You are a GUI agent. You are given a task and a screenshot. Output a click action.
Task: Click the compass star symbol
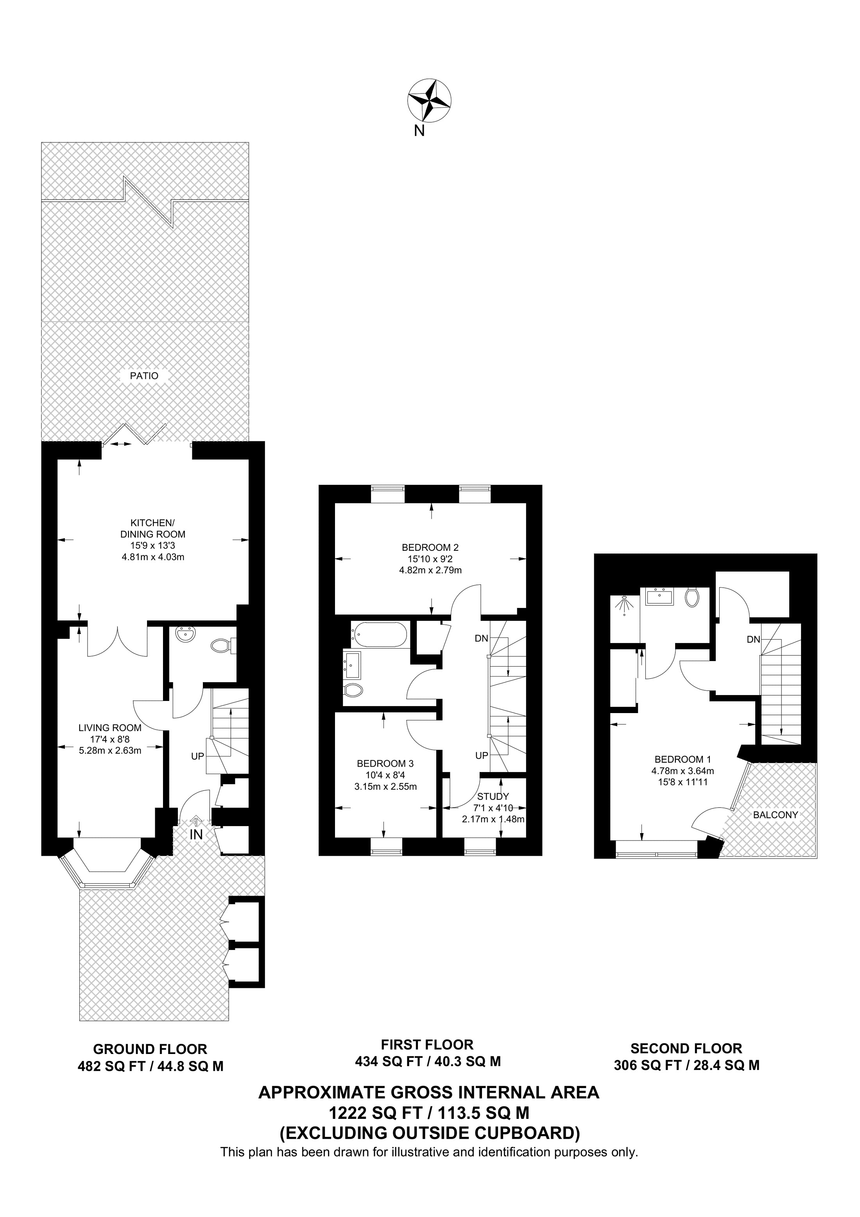coord(429,100)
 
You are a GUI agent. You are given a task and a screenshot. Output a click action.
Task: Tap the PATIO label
coord(144,376)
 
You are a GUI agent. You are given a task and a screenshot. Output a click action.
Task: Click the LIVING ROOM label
coord(110,728)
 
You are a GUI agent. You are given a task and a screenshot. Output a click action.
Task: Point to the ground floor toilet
coord(222,645)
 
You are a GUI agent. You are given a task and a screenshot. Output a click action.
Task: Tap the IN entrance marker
coord(196,834)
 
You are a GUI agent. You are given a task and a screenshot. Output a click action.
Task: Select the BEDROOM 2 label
coord(430,548)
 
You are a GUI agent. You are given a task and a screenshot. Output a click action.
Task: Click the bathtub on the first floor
coord(380,634)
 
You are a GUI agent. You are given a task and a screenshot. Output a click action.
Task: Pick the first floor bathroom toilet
coord(352,690)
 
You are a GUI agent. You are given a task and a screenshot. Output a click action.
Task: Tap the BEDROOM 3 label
coord(385,764)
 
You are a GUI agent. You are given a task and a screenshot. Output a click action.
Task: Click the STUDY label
coord(493,796)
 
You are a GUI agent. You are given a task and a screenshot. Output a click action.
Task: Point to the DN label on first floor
coord(481,639)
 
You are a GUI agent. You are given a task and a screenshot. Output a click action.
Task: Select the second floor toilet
coord(692,597)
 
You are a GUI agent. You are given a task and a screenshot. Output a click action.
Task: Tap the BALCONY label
coord(775,815)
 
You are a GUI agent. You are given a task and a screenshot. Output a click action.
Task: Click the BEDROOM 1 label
coord(683,760)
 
